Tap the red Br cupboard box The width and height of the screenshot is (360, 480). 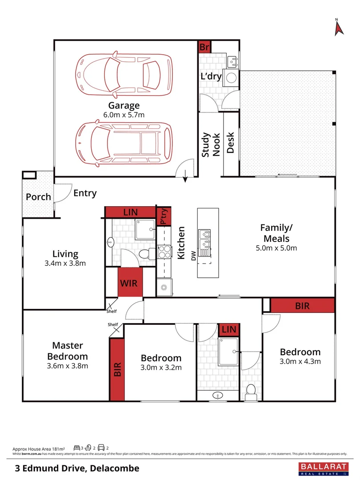click(204, 47)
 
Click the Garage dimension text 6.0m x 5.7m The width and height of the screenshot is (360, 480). click(124, 115)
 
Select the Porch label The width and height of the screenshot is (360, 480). click(38, 197)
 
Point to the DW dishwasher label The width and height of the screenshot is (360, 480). click(193, 256)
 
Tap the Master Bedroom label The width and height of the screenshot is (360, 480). click(68, 351)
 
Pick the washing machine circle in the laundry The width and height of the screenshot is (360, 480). click(232, 78)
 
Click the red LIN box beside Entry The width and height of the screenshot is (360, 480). click(130, 212)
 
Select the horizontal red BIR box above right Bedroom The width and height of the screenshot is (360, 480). click(302, 306)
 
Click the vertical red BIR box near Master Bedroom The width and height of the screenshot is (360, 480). click(117, 369)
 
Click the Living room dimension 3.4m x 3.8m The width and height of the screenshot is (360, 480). click(65, 263)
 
